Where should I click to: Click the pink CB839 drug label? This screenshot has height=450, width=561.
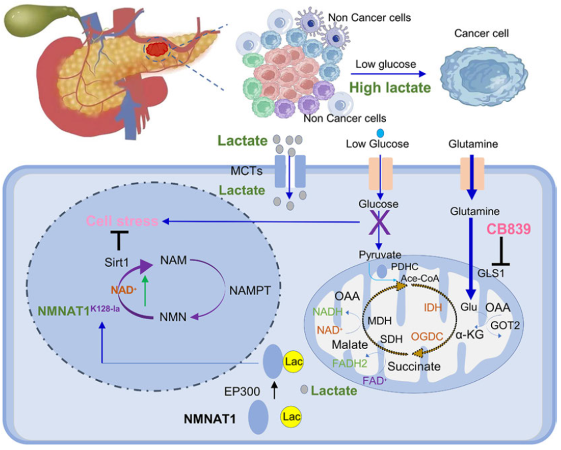pyautogui.click(x=508, y=229)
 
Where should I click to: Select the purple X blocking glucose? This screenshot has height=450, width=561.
pyautogui.click(x=379, y=223)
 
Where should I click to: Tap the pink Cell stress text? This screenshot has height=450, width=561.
pyautogui.click(x=122, y=221)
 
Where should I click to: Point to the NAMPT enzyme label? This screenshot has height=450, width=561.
pyautogui.click(x=250, y=290)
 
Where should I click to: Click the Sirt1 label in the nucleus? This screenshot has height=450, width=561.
pyautogui.click(x=117, y=262)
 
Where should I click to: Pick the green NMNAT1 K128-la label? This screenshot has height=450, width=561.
pyautogui.click(x=78, y=311)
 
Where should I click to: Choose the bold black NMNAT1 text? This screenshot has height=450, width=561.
pyautogui.click(x=209, y=419)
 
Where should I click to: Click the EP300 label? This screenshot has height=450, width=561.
pyautogui.click(x=242, y=391)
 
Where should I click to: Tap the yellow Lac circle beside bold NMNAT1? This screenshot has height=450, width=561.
pyautogui.click(x=291, y=416)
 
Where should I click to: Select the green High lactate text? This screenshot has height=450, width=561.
pyautogui.click(x=390, y=88)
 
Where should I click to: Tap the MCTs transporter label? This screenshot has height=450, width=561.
pyautogui.click(x=246, y=171)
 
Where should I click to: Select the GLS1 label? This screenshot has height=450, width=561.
pyautogui.click(x=491, y=273)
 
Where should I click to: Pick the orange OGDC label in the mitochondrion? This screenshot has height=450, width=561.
pyautogui.click(x=427, y=337)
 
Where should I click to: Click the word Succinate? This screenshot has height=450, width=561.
pyautogui.click(x=414, y=366)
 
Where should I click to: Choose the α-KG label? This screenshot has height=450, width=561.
pyautogui.click(x=469, y=335)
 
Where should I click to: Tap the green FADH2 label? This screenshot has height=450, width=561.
pyautogui.click(x=349, y=363)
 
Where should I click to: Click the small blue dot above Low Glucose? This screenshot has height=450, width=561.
pyautogui.click(x=380, y=133)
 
